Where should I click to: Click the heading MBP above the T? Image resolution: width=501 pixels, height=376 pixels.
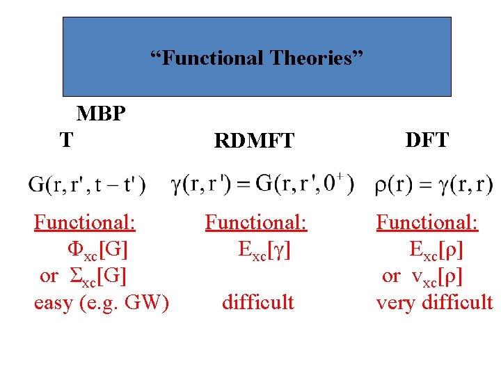(x=101, y=113)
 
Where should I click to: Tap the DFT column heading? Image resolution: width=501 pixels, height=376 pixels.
(x=427, y=140)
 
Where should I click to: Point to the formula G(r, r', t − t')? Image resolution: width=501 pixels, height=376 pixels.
(x=88, y=185)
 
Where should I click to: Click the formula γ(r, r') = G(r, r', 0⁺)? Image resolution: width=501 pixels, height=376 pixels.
(x=262, y=184)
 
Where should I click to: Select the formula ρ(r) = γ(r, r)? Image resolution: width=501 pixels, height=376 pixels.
(x=434, y=185)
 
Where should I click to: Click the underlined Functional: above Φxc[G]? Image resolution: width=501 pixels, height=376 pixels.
(x=85, y=223)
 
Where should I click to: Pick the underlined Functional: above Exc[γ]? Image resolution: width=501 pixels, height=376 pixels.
(x=256, y=223)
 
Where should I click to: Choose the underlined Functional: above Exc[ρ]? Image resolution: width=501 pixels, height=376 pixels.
(x=427, y=223)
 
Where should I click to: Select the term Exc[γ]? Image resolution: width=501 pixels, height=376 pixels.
(x=264, y=249)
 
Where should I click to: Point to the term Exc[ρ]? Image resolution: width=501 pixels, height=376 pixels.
(x=437, y=249)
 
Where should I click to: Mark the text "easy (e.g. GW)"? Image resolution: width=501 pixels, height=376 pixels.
(x=102, y=302)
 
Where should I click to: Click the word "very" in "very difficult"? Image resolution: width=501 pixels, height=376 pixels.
(x=393, y=302)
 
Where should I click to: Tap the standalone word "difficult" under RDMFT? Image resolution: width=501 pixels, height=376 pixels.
(x=258, y=302)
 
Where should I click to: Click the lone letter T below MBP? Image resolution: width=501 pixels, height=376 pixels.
(x=65, y=140)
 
